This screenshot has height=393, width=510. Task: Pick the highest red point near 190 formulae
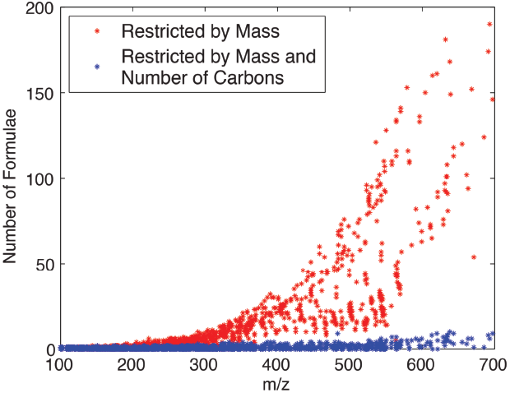490,25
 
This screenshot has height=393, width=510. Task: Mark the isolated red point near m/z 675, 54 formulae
474,257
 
